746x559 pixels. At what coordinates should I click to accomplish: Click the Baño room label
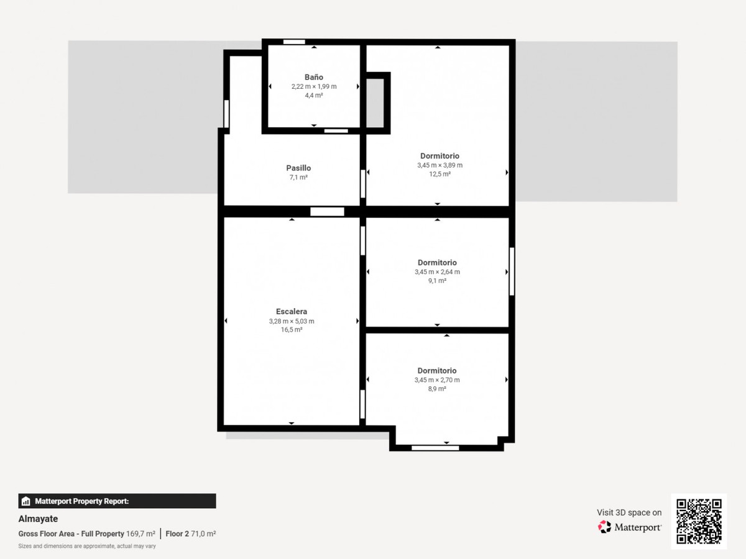(x=314, y=77)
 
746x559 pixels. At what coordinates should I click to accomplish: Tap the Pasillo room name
(x=298, y=168)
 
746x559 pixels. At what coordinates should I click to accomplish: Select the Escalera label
(x=292, y=312)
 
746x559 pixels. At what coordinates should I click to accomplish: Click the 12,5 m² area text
(x=440, y=174)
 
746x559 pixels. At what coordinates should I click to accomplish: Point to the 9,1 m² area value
(x=437, y=281)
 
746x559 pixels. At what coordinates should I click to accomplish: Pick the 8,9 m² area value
(x=437, y=389)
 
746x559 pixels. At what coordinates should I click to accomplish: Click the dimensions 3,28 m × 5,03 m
(x=292, y=321)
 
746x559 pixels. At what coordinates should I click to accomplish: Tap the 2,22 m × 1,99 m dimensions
(x=314, y=86)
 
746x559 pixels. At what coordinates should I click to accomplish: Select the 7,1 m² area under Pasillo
(x=298, y=177)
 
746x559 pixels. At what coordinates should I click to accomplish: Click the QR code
(x=699, y=521)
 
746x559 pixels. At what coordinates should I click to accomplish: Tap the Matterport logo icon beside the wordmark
(x=604, y=527)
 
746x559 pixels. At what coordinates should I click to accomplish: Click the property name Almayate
(x=38, y=519)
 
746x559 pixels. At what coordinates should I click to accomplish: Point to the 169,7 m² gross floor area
(x=140, y=534)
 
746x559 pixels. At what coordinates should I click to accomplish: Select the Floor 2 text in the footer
(x=177, y=534)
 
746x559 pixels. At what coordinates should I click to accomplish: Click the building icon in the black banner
(x=26, y=501)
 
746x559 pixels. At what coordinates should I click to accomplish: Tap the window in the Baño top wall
(x=294, y=42)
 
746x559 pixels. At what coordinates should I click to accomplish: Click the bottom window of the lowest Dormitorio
(x=435, y=448)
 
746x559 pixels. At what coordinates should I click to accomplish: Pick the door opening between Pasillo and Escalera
(x=327, y=211)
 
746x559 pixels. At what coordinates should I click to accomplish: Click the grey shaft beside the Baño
(x=375, y=103)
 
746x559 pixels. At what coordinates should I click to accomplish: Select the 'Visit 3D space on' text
(x=629, y=512)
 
